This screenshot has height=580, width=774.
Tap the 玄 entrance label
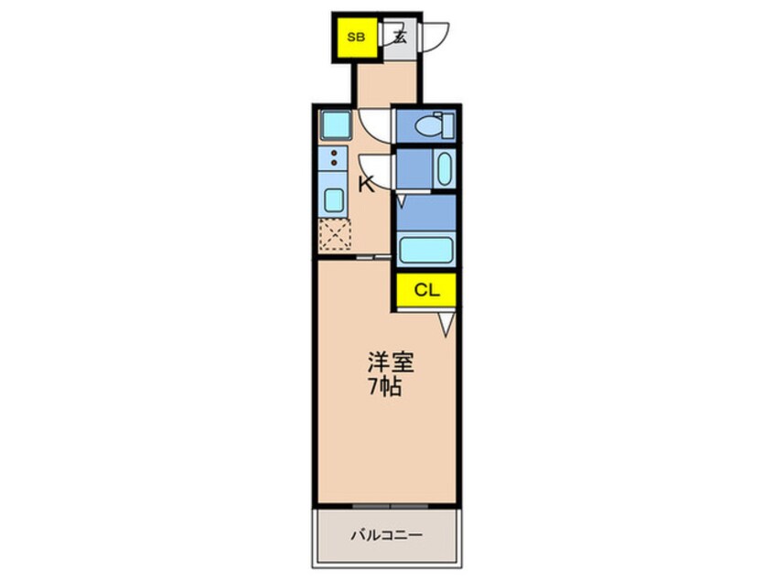(x=399, y=38)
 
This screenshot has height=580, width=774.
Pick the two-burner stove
(x=333, y=157)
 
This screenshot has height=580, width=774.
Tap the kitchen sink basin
(x=333, y=199)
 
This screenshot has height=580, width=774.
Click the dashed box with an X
(x=335, y=235)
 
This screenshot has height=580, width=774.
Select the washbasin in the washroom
(x=443, y=168)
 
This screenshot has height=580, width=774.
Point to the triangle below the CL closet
(x=445, y=321)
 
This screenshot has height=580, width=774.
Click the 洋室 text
(x=391, y=363)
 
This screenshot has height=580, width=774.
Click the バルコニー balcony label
(x=388, y=536)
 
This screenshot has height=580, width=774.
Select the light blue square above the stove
(x=333, y=124)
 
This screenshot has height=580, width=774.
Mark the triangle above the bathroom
(x=401, y=199)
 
